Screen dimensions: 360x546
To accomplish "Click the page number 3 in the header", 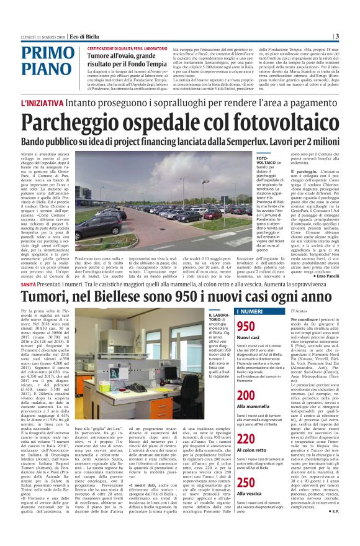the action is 354,36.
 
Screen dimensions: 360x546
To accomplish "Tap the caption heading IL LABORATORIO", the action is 216,317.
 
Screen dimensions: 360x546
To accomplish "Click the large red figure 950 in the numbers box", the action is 246,327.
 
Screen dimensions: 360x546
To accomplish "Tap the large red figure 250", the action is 246,484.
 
